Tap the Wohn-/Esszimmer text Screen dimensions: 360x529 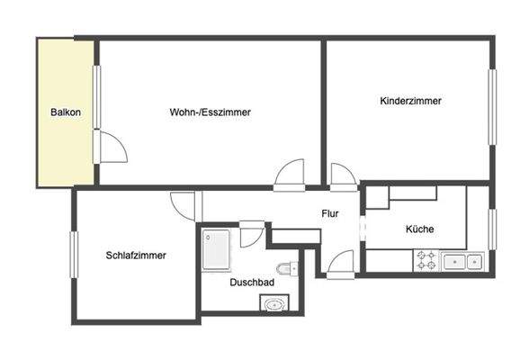[210, 112]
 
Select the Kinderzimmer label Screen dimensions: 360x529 [410, 102]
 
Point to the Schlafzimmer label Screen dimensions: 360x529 [135, 255]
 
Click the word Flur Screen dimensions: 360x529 [330, 213]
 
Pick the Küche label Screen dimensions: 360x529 [419, 229]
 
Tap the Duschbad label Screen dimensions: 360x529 [252, 282]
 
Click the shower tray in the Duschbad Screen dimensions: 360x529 [219, 248]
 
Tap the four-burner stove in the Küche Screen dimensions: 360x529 [426, 261]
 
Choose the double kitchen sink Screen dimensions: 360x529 [462, 261]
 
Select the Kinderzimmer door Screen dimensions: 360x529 [344, 175]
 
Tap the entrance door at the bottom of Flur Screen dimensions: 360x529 [339, 264]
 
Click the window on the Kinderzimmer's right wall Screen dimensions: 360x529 [492, 105]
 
